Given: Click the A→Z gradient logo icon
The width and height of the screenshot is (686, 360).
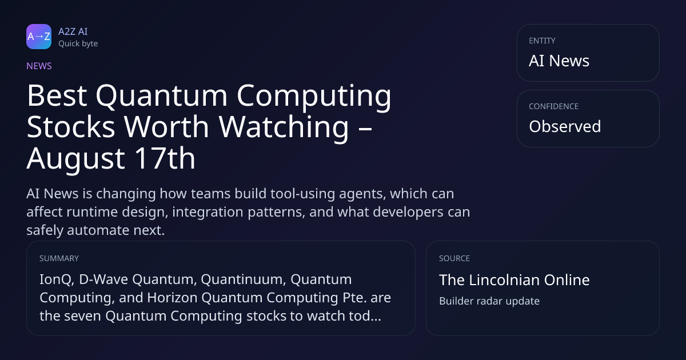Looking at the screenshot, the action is [x=39, y=37].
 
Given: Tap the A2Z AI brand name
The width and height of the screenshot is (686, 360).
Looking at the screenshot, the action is [x=73, y=31].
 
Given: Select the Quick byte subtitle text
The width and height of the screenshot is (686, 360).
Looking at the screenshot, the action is [x=78, y=44].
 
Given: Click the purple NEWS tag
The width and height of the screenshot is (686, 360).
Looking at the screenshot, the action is [x=39, y=66].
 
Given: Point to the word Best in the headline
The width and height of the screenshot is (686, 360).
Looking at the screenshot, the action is [x=57, y=95].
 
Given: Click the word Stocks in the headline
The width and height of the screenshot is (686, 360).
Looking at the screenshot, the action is [x=71, y=127].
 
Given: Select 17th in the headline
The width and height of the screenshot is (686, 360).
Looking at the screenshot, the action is [x=165, y=158].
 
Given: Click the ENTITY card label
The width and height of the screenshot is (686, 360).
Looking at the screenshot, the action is [x=542, y=41].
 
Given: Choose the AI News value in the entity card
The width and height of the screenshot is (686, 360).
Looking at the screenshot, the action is [x=559, y=61].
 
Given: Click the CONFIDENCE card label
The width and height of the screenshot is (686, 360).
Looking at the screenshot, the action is [x=554, y=106].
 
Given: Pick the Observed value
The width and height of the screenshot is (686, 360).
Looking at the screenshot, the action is [x=565, y=126].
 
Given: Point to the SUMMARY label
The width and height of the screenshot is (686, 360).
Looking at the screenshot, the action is [x=59, y=258].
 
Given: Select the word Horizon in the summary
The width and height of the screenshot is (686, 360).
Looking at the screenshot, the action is [x=173, y=298].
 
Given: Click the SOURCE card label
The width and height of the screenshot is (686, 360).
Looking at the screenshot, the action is [x=454, y=258].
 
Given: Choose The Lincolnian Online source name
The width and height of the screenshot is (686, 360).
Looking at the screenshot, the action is [x=514, y=280].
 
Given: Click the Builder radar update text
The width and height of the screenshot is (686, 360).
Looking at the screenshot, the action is [x=489, y=301].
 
